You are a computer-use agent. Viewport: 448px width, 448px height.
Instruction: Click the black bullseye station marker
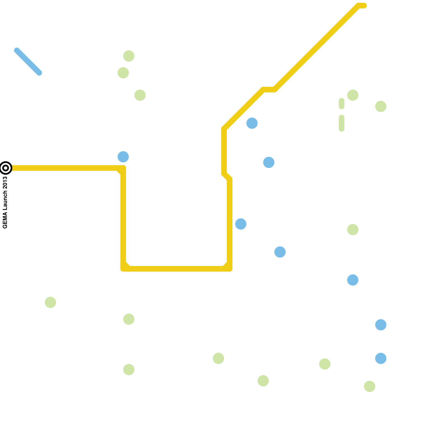tap(6, 168)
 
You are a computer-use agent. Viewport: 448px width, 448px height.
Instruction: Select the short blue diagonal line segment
tap(28, 62)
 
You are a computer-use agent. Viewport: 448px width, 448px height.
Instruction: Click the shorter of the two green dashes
tap(342, 104)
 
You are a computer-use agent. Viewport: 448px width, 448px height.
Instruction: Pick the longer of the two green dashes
tap(342, 123)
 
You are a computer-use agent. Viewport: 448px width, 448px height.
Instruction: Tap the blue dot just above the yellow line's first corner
tap(123, 157)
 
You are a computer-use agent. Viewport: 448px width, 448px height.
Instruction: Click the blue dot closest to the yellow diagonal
tap(252, 123)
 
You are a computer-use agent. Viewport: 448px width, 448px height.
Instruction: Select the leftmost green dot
tap(50, 302)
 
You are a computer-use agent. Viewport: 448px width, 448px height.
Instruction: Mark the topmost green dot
tap(129, 56)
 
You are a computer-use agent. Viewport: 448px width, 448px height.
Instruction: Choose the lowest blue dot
tap(381, 358)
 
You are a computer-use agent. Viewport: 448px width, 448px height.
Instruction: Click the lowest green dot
tap(370, 386)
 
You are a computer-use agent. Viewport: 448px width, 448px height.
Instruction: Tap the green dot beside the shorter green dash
tap(353, 95)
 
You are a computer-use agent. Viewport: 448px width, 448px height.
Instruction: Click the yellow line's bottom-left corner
tap(123, 269)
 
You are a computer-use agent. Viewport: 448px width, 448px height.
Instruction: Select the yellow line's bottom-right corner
tap(229, 269)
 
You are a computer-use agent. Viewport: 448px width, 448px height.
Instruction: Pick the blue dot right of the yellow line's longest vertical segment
tap(241, 224)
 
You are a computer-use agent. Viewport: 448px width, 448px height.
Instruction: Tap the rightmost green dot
tap(381, 106)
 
